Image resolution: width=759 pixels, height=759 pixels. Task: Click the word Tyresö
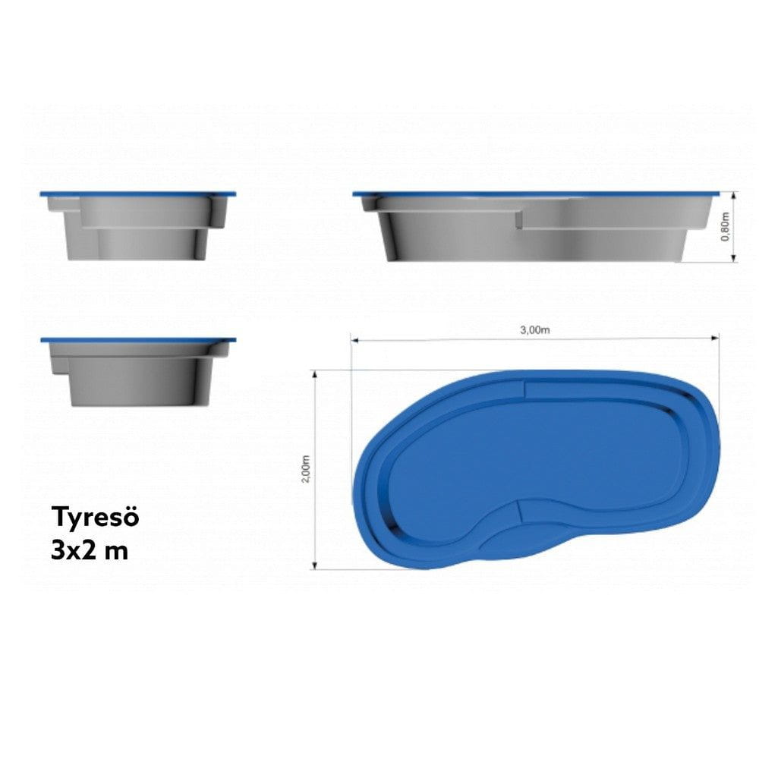pos(96,518)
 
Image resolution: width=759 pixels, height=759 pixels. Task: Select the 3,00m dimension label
pos(534,329)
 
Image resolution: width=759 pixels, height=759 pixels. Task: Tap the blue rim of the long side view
pos(535,194)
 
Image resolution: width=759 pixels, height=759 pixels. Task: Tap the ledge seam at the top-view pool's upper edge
pos(525,389)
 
